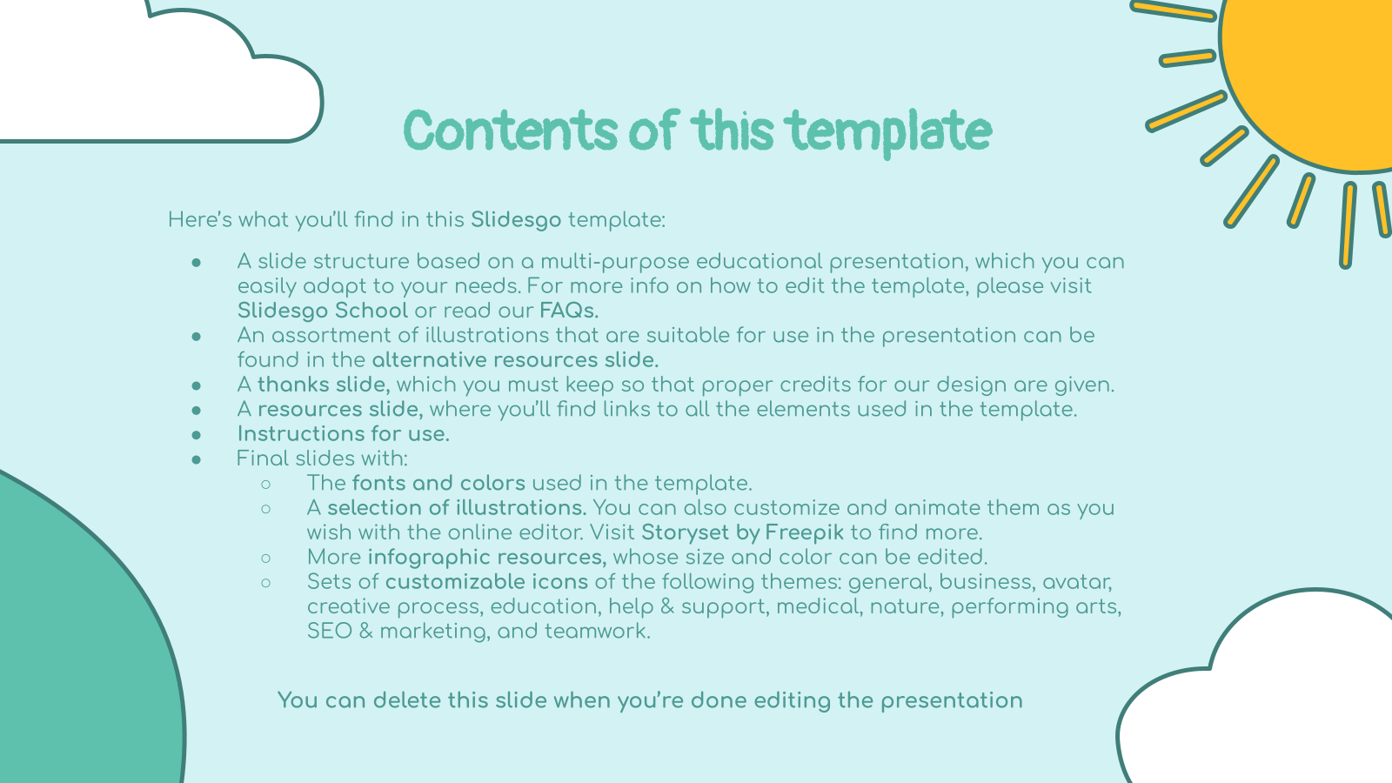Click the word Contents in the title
(x=511, y=130)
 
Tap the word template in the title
(x=887, y=133)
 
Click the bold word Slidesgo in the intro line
(x=516, y=220)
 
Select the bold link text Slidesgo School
(x=323, y=310)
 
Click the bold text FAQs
(x=569, y=310)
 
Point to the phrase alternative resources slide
(x=515, y=360)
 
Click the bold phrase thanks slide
(x=324, y=385)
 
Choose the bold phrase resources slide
(x=340, y=410)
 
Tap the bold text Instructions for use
(x=343, y=434)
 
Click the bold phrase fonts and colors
(x=438, y=483)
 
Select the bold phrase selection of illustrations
(x=457, y=508)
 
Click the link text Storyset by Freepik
(x=743, y=532)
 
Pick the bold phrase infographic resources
(x=487, y=558)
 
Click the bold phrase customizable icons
(x=486, y=582)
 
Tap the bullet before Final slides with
(x=197, y=460)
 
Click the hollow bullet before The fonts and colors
(x=266, y=484)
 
